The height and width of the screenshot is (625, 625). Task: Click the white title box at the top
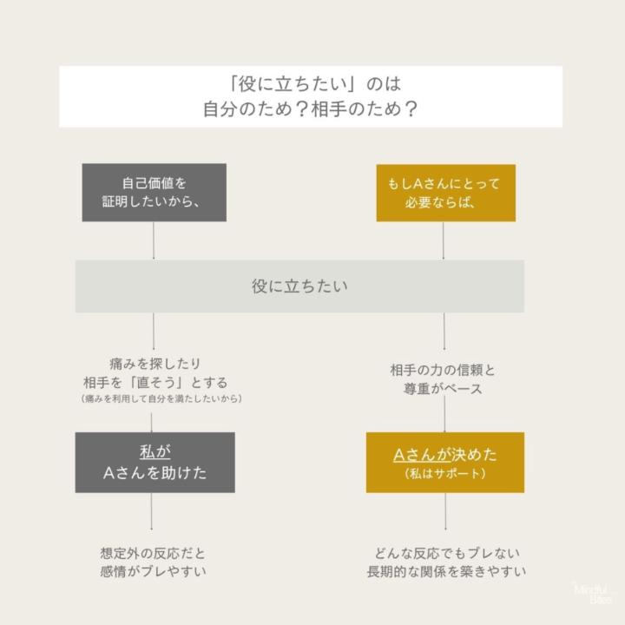[311, 96]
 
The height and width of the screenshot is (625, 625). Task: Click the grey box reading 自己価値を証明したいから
[155, 193]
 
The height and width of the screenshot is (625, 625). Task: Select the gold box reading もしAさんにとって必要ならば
[445, 193]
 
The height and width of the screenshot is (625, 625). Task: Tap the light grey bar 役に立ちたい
[299, 286]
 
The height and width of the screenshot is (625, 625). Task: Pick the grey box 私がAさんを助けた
[155, 463]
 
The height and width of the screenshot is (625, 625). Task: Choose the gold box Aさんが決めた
[445, 463]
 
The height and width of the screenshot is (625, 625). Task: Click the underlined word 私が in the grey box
[155, 452]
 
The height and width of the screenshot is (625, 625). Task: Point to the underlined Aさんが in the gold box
[422, 455]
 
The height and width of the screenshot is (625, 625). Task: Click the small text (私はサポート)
[445, 474]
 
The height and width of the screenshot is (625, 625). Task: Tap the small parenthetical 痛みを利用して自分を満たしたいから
[161, 398]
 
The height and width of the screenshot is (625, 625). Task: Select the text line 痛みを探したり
[155, 364]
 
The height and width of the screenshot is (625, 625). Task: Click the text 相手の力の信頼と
[443, 370]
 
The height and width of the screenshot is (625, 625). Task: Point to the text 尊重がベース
[443, 388]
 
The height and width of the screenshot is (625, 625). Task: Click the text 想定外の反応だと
[153, 553]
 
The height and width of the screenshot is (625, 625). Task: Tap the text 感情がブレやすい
[153, 571]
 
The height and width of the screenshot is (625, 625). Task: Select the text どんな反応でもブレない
[447, 553]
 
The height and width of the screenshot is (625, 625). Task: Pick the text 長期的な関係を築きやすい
[446, 571]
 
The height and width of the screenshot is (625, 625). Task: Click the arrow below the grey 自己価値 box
[154, 240]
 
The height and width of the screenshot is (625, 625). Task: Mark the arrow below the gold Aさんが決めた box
[445, 511]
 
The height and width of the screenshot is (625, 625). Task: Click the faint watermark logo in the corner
[594, 594]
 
